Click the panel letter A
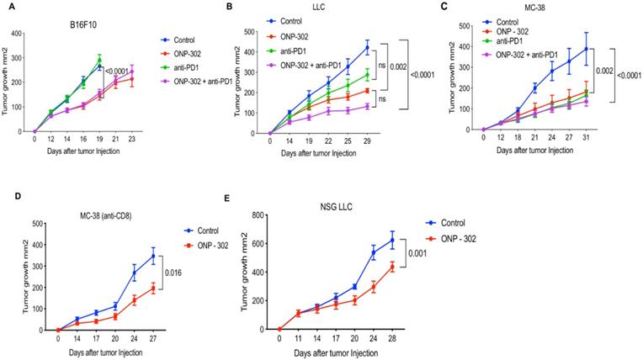pyautogui.click(x=6, y=6)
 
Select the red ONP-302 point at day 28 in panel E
pyautogui.click(x=415, y=267)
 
